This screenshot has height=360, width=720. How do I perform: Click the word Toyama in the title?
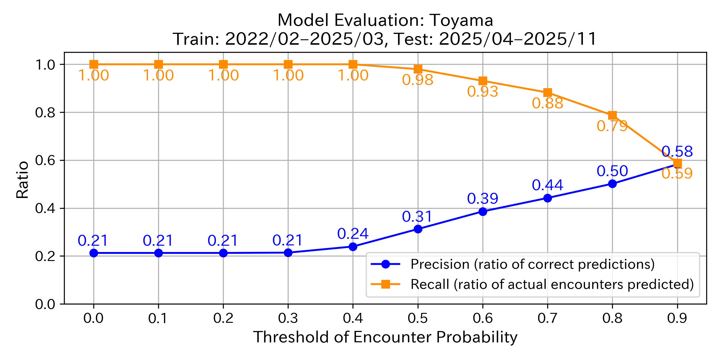click(x=462, y=20)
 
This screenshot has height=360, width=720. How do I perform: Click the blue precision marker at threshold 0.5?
click(x=418, y=229)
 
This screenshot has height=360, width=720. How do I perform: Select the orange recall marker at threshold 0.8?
click(x=612, y=115)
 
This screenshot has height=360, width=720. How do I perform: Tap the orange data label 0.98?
click(x=418, y=80)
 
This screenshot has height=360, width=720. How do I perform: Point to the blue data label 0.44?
click(x=547, y=185)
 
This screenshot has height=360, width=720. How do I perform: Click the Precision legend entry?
click(x=532, y=264)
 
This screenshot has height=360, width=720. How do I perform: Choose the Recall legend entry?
click(x=552, y=284)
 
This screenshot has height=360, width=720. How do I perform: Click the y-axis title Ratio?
click(x=22, y=180)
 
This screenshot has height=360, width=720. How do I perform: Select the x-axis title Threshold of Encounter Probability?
click(x=385, y=337)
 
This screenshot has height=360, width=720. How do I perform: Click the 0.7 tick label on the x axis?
click(x=547, y=318)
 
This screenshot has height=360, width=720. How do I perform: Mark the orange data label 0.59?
click(x=677, y=174)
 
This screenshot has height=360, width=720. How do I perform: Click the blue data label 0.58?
click(x=677, y=152)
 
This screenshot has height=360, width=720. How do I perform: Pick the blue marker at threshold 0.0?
click(x=94, y=253)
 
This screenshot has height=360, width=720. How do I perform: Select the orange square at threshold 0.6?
click(x=483, y=81)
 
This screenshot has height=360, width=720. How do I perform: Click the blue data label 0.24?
click(x=353, y=234)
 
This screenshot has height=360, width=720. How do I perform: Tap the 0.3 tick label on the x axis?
click(x=288, y=318)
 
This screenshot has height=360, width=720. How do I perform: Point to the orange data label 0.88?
click(x=547, y=103)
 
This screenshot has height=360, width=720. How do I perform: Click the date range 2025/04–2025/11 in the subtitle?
click(x=517, y=39)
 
